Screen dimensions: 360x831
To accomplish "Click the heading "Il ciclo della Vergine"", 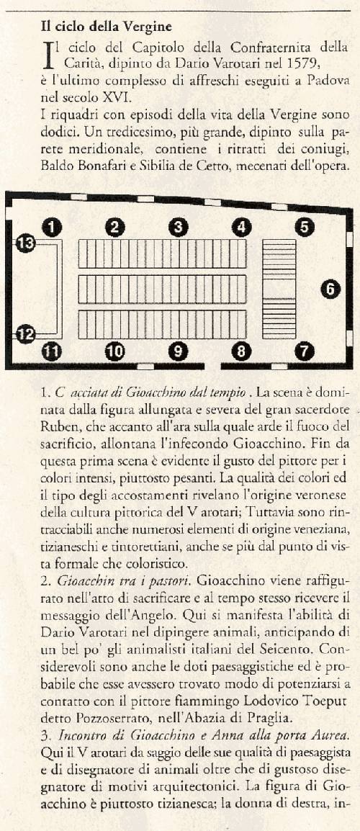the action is point(107,27).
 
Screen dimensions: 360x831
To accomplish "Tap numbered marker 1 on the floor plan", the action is point(52,227).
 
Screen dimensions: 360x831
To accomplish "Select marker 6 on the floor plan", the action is point(330,289).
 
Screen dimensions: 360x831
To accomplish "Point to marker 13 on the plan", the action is point(26,244).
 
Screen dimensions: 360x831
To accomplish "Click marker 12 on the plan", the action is point(26,334).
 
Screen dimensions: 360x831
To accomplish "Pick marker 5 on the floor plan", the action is point(305,227).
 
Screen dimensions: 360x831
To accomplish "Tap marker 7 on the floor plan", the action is point(305,351).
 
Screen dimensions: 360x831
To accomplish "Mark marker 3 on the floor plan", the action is point(178,227).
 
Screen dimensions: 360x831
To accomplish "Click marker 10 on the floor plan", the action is point(114,351).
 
